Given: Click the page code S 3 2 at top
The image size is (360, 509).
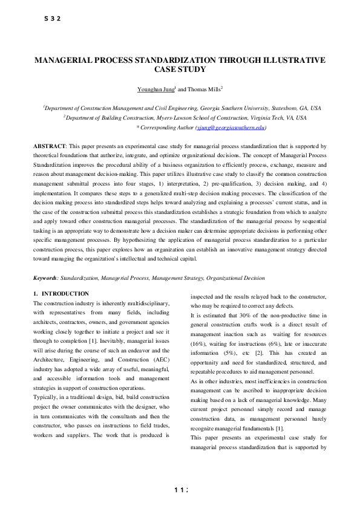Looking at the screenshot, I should pos(53,19).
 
